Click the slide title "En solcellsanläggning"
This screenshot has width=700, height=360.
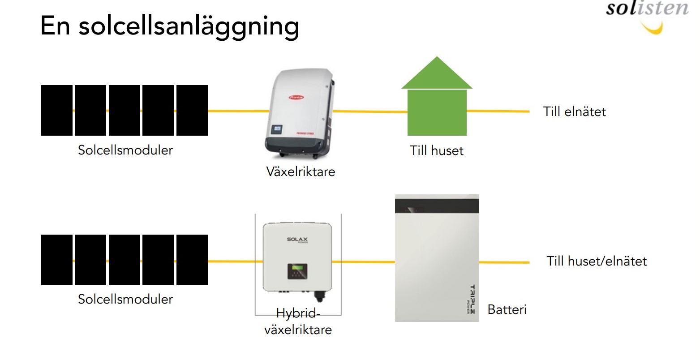[x=170, y=26]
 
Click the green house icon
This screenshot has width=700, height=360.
[x=437, y=103]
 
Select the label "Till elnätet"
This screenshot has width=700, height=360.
[x=574, y=111]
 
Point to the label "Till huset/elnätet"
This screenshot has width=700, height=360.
[x=597, y=261]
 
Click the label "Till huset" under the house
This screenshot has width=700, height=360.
[x=437, y=150]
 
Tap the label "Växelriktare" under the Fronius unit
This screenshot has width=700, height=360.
[x=301, y=171]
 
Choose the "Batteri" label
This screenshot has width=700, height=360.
[x=507, y=309]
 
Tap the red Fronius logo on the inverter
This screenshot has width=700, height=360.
[x=296, y=97]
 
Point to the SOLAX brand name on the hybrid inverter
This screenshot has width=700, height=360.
[x=297, y=240]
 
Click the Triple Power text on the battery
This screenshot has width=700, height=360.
[x=471, y=299]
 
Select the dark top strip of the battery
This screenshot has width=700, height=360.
[x=437, y=206]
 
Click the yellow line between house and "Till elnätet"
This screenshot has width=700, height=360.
[x=498, y=111]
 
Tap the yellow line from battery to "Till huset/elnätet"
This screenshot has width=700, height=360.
[x=504, y=262]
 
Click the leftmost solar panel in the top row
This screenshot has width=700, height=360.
[x=57, y=110]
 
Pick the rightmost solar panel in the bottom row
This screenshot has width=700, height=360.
[x=192, y=260]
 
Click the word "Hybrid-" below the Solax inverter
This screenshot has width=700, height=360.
[x=298, y=313]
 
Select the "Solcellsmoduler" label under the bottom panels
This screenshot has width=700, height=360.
[x=125, y=299]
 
